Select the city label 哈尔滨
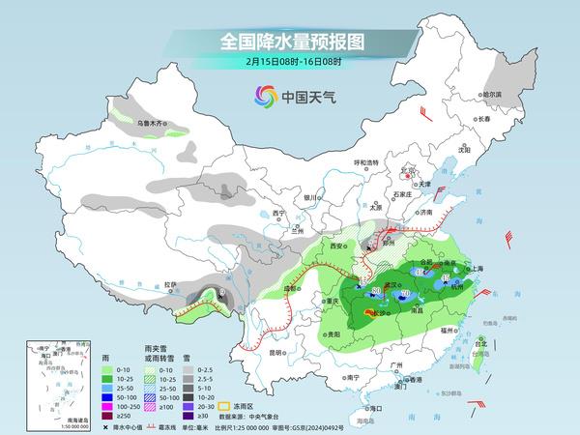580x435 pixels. coord(493,95)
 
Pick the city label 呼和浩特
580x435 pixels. coord(367,162)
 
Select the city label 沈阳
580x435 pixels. coord(464,150)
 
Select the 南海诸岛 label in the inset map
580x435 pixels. coord(35,420)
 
